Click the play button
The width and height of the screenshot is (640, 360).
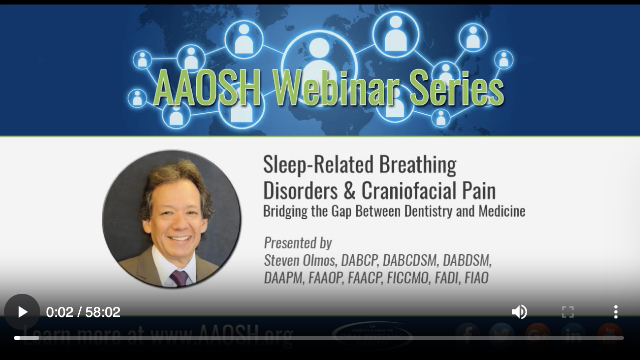pos(22,312)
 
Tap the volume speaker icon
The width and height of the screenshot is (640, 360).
pos(519,312)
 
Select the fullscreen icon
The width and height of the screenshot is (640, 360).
pos(567,312)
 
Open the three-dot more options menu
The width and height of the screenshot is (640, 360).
pos(615,312)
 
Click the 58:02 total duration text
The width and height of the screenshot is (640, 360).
pos(103,312)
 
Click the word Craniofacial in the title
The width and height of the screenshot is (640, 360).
pos(428,190)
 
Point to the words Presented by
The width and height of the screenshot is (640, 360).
pos(298,243)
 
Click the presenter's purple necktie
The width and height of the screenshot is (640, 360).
pos(179,277)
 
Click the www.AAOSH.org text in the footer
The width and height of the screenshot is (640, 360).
pos(221,333)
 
